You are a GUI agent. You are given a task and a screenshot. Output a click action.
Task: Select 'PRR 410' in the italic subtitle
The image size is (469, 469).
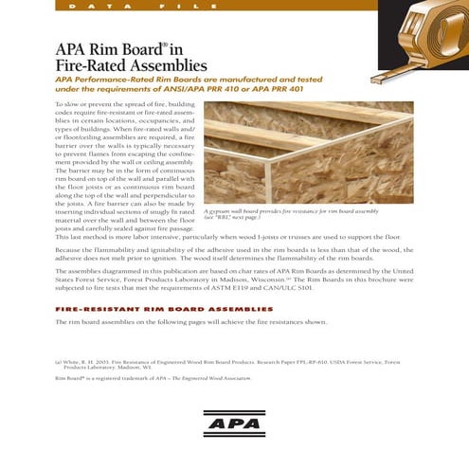click(x=270, y=91)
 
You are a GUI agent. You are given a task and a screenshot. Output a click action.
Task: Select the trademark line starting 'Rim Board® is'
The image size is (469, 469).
click(x=153, y=377)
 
